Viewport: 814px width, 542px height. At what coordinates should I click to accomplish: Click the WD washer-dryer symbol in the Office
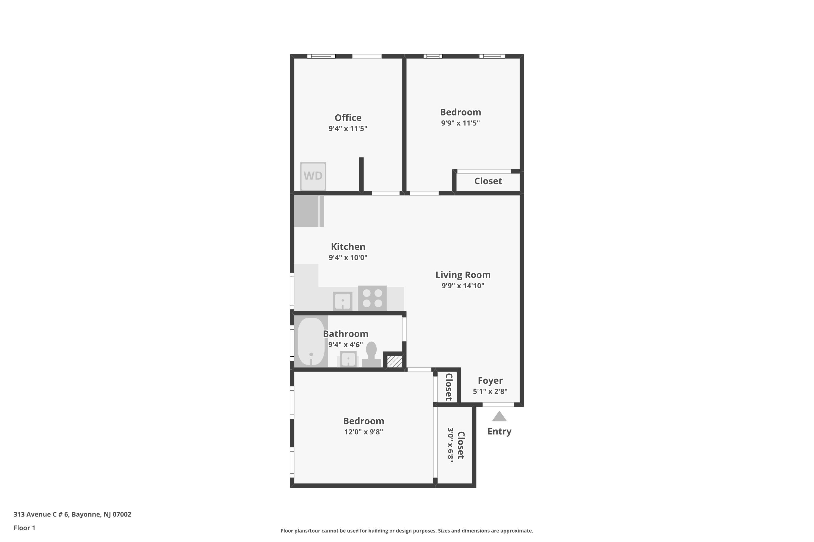click(313, 176)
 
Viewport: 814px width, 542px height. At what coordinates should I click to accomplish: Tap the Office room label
click(348, 118)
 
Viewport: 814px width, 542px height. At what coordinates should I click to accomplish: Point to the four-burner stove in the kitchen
click(372, 298)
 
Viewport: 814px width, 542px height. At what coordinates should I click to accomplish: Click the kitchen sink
click(343, 301)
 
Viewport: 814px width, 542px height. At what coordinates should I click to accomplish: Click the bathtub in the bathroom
click(311, 341)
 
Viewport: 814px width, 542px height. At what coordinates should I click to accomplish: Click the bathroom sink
click(348, 359)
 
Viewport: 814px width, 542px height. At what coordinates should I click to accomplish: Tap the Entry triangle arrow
click(499, 417)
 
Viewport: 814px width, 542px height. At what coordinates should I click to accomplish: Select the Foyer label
click(490, 380)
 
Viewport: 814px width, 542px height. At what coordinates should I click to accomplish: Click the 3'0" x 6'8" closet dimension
click(450, 445)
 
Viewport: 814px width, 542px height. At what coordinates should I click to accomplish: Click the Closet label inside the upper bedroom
click(488, 181)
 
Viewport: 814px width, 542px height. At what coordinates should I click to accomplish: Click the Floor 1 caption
click(24, 528)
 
